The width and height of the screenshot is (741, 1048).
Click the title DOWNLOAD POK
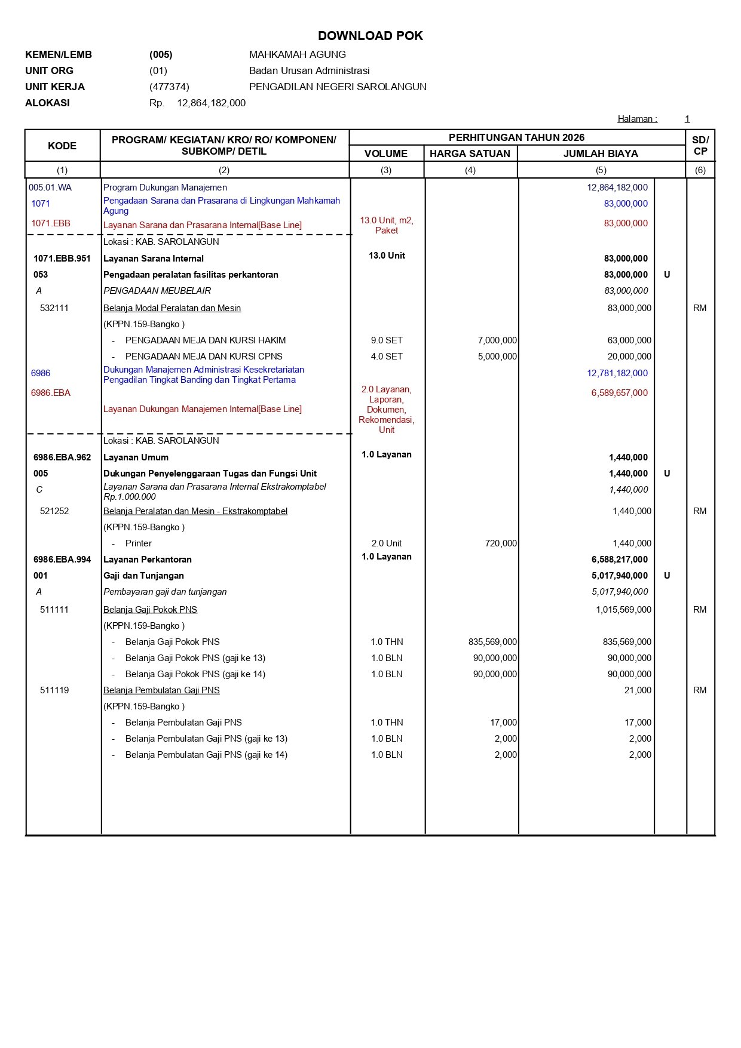pyautogui.click(x=370, y=36)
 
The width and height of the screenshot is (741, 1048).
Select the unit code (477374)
pyautogui.click(x=169, y=87)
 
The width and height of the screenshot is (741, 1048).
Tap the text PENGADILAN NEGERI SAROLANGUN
pyautogui.click(x=338, y=87)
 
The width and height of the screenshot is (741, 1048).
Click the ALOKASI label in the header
pyautogui.click(x=47, y=103)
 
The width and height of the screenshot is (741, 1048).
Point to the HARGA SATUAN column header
pyautogui.click(x=470, y=153)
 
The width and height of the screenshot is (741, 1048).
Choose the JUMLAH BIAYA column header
pyautogui.click(x=601, y=153)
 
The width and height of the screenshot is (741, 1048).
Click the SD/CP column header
pyautogui.click(x=700, y=146)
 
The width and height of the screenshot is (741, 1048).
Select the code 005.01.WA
pyautogui.click(x=50, y=188)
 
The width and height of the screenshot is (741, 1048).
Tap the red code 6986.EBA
pyautogui.click(x=51, y=393)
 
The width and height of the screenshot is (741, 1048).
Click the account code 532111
pyautogui.click(x=54, y=308)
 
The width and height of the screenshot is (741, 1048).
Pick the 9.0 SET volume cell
pyautogui.click(x=387, y=340)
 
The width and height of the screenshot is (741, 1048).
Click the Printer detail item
pyautogui.click(x=139, y=543)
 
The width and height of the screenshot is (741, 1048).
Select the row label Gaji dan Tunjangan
pyautogui.click(x=143, y=576)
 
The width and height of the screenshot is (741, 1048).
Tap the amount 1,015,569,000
pyautogui.click(x=623, y=610)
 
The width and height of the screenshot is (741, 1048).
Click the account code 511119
pyautogui.click(x=54, y=690)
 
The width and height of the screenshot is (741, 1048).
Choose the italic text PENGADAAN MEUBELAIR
pyautogui.click(x=157, y=291)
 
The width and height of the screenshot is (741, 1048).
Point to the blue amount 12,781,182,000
pyautogui.click(x=617, y=373)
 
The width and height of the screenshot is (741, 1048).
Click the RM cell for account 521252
pyautogui.click(x=700, y=511)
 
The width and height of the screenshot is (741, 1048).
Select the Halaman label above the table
pyautogui.click(x=637, y=119)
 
